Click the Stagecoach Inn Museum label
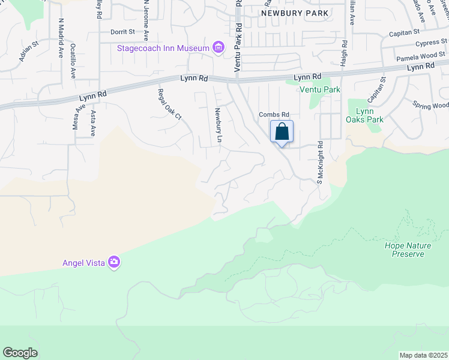pos(163,48)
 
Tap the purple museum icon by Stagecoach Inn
pos(218,48)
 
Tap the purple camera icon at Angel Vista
pos(114,262)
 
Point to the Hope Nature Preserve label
pos(405,250)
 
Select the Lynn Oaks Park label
pos(369,115)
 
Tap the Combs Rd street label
pos(274,115)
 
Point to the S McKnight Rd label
pos(321,162)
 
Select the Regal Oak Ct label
pos(169,104)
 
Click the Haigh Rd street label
pos(345,53)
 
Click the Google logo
pos(20,353)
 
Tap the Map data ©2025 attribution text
pos(423,355)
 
